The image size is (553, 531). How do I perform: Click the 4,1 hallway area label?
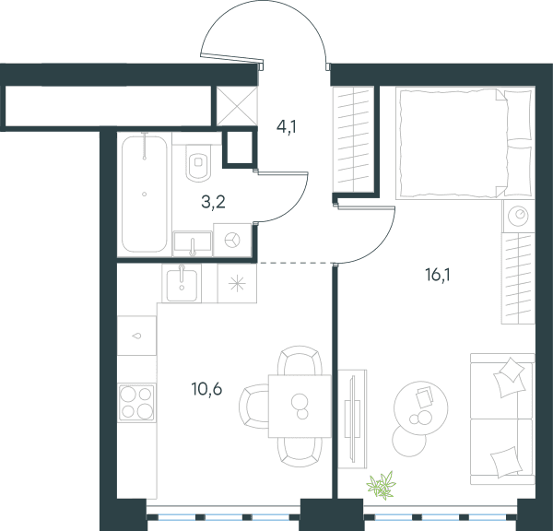click(x=286, y=127)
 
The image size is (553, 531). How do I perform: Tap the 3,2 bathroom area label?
click(x=213, y=202)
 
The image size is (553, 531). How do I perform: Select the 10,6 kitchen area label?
click(x=206, y=389)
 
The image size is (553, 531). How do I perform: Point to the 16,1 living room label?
click(x=438, y=275)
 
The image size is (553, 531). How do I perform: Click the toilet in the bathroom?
click(x=198, y=162)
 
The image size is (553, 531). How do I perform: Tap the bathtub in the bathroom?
click(x=145, y=194)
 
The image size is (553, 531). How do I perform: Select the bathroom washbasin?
click(x=193, y=243)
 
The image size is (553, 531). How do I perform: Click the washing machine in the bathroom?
click(x=232, y=240)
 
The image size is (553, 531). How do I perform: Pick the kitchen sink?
click(x=182, y=283)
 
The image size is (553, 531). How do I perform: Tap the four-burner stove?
click(x=136, y=403)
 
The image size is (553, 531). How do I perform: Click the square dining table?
click(x=300, y=406)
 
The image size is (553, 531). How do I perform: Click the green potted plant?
click(x=382, y=485)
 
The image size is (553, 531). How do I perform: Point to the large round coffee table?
click(x=421, y=407)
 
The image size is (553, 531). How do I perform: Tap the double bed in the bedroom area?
click(x=464, y=143)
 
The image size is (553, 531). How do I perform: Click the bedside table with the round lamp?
click(x=518, y=216)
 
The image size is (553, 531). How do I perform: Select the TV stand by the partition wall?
click(x=352, y=419)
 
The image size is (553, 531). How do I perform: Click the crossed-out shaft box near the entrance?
click(x=237, y=106)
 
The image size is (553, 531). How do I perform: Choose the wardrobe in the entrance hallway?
click(x=353, y=140)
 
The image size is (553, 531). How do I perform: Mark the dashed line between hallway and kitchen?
click(x=295, y=263)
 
